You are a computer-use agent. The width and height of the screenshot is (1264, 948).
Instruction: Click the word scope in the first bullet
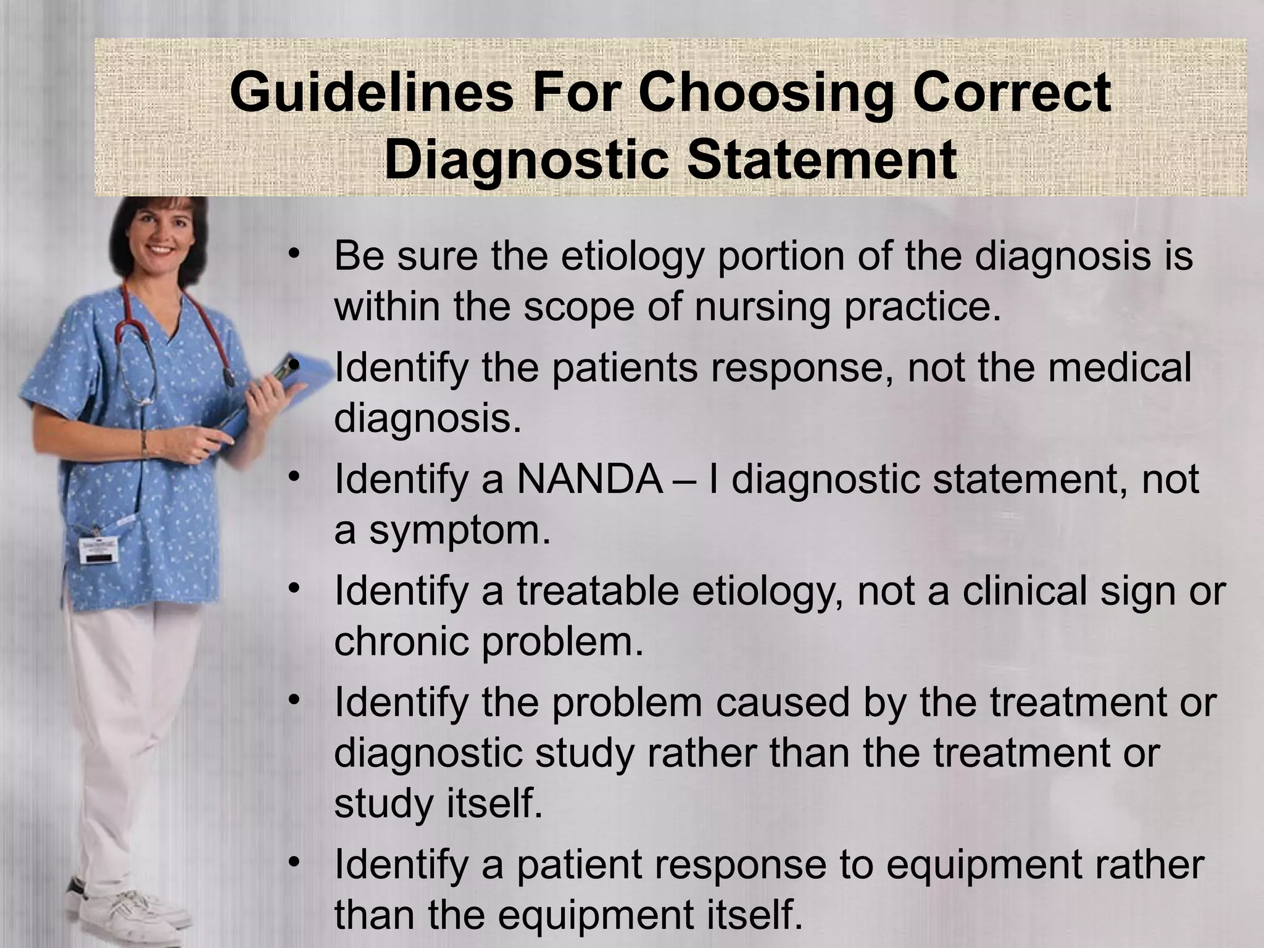coord(580,307)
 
